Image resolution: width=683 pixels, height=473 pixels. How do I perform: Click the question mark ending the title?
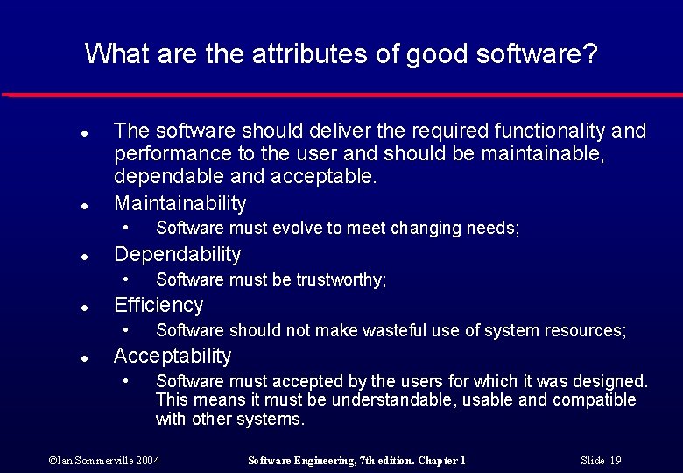point(591,54)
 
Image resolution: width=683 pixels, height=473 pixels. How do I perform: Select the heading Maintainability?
point(180,204)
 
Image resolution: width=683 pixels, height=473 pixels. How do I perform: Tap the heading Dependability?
point(177,255)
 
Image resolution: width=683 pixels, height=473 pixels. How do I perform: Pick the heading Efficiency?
point(158,306)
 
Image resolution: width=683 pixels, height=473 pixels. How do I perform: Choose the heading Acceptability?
point(173,357)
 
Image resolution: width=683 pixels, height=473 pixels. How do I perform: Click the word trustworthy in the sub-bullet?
point(340,280)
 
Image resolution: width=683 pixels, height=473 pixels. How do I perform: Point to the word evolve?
point(293,229)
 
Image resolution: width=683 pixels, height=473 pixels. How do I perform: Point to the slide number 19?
point(616,461)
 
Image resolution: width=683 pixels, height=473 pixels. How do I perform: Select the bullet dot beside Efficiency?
point(81,308)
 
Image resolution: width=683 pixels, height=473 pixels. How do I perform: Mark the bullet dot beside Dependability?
point(81,258)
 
